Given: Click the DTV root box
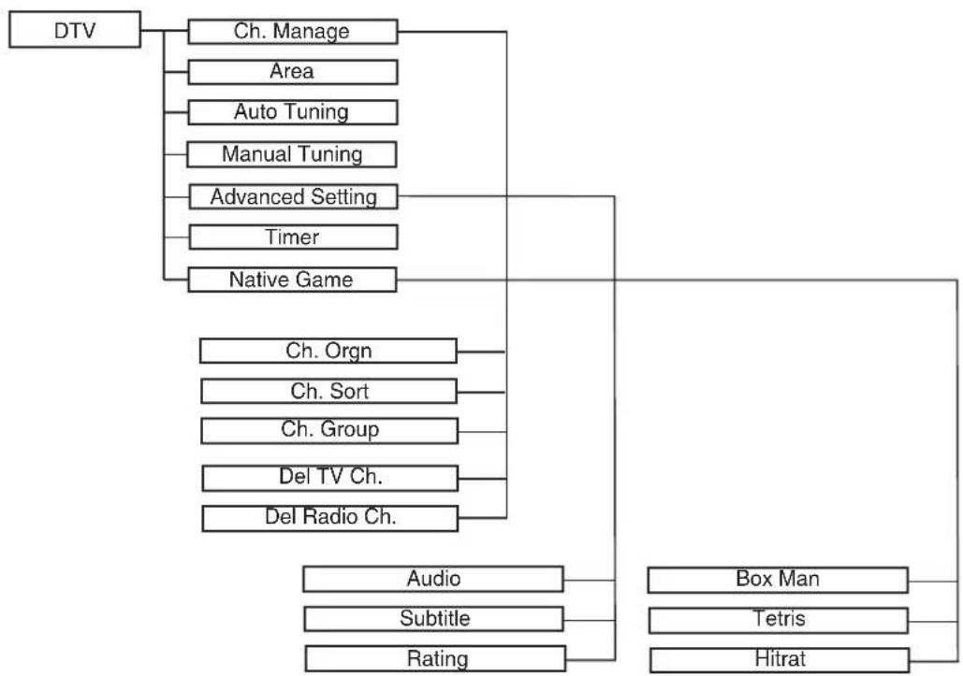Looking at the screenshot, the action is tap(75, 29).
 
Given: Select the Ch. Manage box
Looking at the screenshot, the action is tap(292, 31).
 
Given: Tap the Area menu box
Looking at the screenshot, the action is tap(292, 72).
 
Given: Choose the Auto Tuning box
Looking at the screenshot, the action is tap(292, 112).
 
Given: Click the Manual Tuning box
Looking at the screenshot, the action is tap(292, 154).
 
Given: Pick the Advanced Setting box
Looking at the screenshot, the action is tap(293, 197).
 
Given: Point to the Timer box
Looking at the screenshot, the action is tap(293, 237).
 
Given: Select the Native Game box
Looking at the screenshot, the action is tap(292, 280).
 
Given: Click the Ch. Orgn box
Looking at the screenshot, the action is tap(328, 351).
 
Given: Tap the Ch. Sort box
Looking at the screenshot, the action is tap(329, 392).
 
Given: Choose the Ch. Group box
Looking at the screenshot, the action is tap(329, 431).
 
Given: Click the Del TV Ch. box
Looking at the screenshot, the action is tap(330, 478).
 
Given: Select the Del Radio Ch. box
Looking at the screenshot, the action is tap(330, 518).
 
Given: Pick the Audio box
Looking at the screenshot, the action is tap(433, 579).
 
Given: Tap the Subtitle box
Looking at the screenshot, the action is tap(434, 619).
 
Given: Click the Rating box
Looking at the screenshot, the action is tap(435, 659).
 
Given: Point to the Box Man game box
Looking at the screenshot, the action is tap(778, 580).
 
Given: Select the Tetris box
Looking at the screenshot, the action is tap(779, 620).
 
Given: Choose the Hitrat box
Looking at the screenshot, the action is tap(780, 660).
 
